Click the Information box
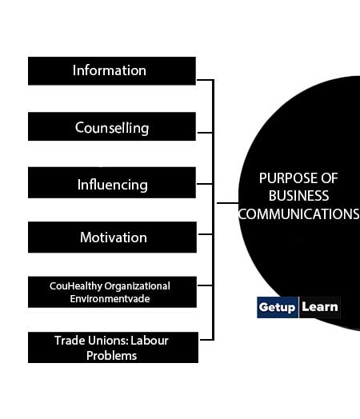point(112,71)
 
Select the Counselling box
point(112,126)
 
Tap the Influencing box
point(112,182)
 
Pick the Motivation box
point(112,237)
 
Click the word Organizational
point(137,286)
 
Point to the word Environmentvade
point(110,298)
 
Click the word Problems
point(111,356)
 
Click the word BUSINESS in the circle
point(298,196)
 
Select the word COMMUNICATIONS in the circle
point(298,213)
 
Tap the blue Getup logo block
point(278,307)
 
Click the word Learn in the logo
point(320,307)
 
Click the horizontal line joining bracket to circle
point(227,203)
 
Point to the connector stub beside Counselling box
point(205,133)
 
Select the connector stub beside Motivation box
point(206,234)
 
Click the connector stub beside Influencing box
point(205,184)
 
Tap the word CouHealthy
point(76,286)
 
